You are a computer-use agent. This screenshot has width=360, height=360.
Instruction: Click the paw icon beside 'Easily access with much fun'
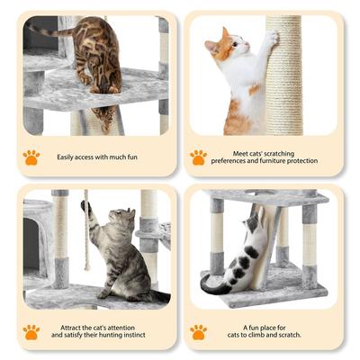tap(31, 157)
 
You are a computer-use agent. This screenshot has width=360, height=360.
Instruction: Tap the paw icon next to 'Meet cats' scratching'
tap(198, 157)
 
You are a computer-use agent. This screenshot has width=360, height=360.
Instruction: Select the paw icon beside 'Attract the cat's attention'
tap(31, 332)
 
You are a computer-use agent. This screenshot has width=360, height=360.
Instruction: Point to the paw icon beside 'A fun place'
tap(198, 332)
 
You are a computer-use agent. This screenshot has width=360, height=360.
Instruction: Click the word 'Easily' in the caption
tap(68, 157)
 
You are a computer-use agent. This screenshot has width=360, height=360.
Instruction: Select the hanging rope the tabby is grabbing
tap(86, 238)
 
